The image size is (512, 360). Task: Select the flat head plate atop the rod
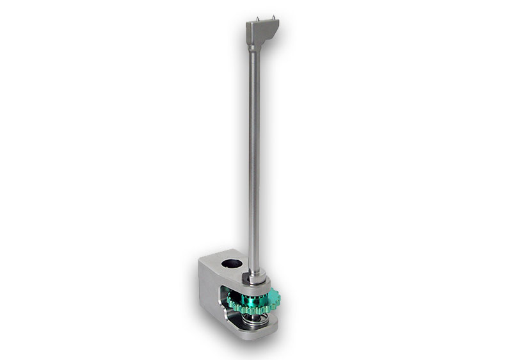pos(262,27)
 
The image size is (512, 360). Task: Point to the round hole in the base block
pos(232,263)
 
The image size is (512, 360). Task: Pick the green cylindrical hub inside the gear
pos(246,295)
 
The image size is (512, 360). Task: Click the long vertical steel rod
pos(255,160)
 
